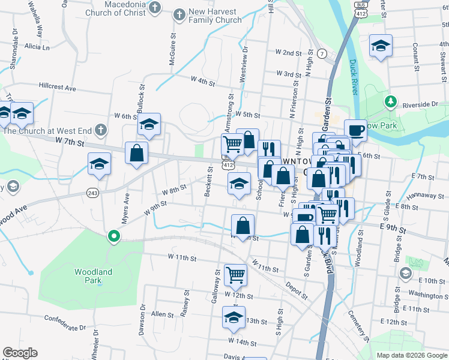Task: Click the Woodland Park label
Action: (93, 276)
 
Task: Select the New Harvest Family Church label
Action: (215, 16)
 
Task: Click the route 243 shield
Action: (92, 193)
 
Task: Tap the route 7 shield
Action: (322, 53)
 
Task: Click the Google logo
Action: (20, 353)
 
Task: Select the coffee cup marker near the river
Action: (356, 130)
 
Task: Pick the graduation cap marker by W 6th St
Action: (149, 124)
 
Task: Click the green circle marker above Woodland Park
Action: (113, 236)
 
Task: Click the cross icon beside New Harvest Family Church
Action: (178, 14)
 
